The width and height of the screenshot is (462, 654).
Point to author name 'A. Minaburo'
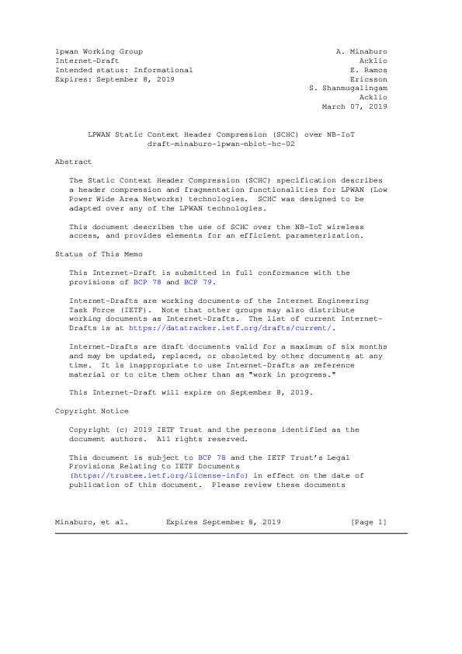[x=361, y=51]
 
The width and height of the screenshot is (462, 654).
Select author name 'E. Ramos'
[x=368, y=70]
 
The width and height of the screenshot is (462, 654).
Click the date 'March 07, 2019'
[x=354, y=107]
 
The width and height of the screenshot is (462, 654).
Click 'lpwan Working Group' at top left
[x=99, y=51]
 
